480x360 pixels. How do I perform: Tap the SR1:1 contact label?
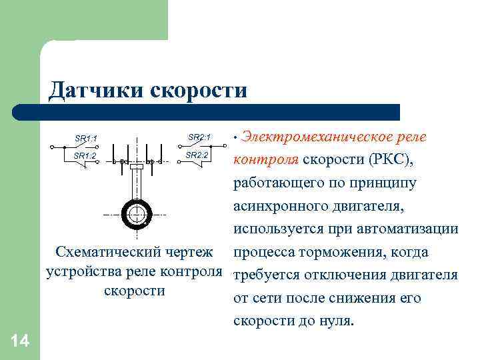click(x=86, y=139)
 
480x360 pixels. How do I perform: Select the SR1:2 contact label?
click(x=85, y=155)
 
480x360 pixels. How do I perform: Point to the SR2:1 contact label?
click(x=199, y=137)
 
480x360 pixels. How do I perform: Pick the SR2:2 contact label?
click(x=197, y=155)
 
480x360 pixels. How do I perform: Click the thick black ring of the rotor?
click(x=125, y=214)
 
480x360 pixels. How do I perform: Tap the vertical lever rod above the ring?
click(x=137, y=184)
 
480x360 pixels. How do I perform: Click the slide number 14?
click(x=20, y=341)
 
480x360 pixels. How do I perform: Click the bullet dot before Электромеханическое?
click(x=235, y=137)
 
